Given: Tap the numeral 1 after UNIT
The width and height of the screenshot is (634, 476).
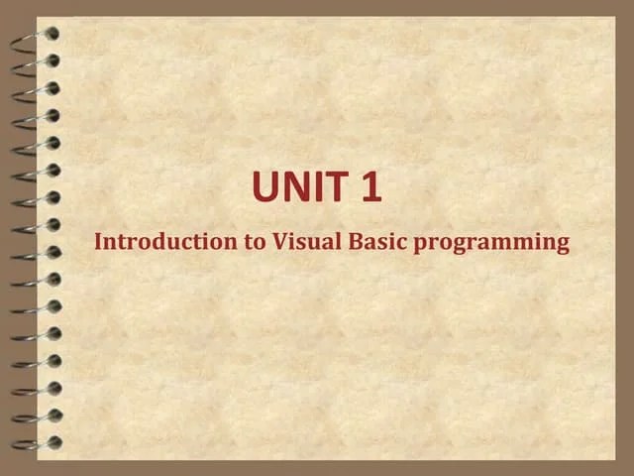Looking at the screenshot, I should [x=371, y=187].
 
